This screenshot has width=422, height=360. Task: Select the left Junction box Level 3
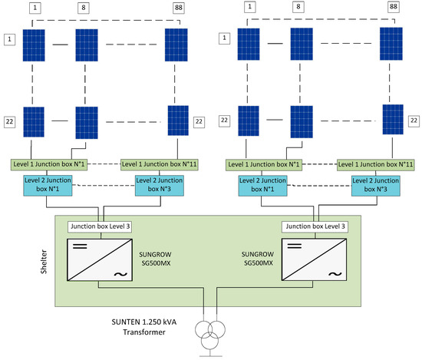click(x=96, y=226)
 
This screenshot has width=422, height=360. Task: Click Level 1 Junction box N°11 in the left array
click(x=161, y=164)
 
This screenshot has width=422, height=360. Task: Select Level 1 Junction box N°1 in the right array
click(x=263, y=164)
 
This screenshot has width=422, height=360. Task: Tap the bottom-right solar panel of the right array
click(x=393, y=119)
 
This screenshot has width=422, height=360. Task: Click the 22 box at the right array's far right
click(x=414, y=121)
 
